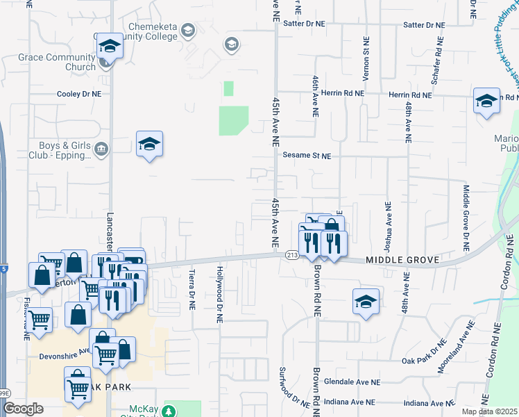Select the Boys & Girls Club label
60,151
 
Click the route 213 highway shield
290,256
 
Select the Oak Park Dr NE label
425,360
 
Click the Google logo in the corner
23,408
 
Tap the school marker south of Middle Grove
366,302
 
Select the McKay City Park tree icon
167,411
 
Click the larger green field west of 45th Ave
233,121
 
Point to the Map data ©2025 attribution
490,411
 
